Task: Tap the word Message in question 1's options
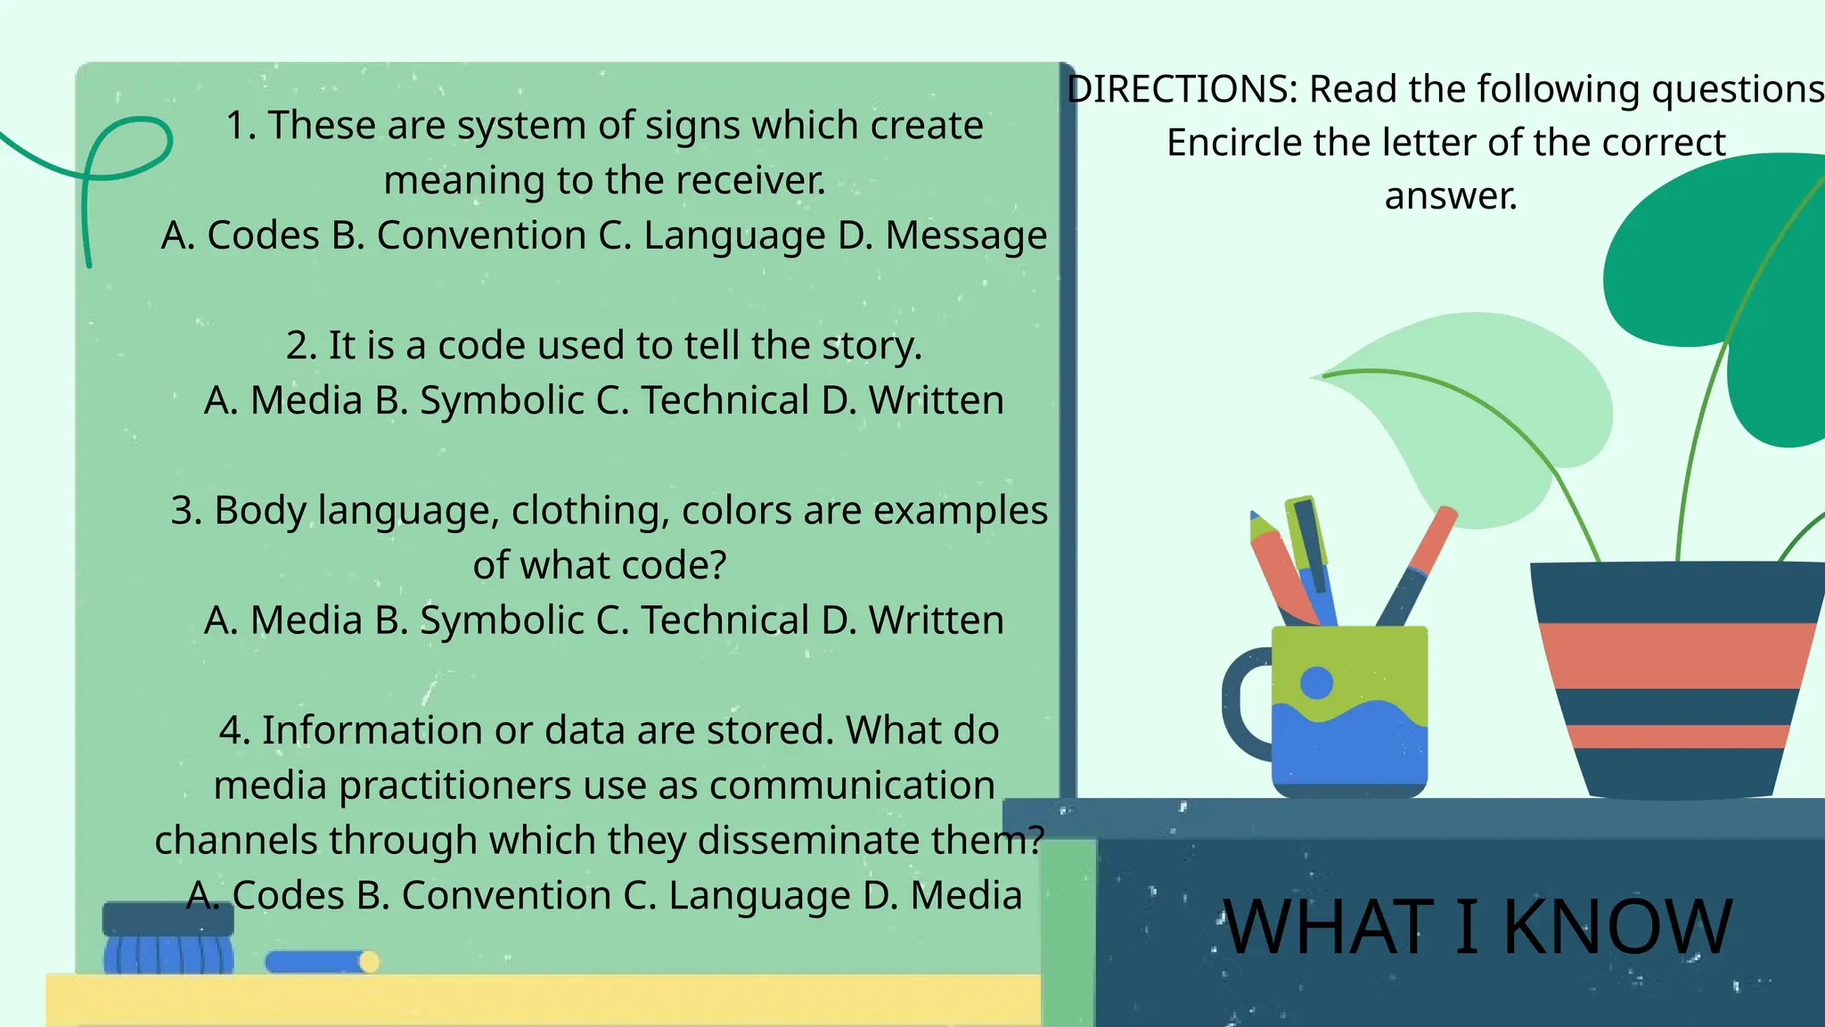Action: pos(966,235)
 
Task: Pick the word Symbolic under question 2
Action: pos(502,400)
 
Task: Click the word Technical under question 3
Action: pos(725,620)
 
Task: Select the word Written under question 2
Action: pos(937,400)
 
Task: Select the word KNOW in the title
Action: pos(1617,927)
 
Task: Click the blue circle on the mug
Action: pos(1316,684)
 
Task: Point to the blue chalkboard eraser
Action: pos(168,941)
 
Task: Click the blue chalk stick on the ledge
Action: pos(316,962)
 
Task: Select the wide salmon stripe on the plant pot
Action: pos(1675,655)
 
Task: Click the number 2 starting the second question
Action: pos(296,346)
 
